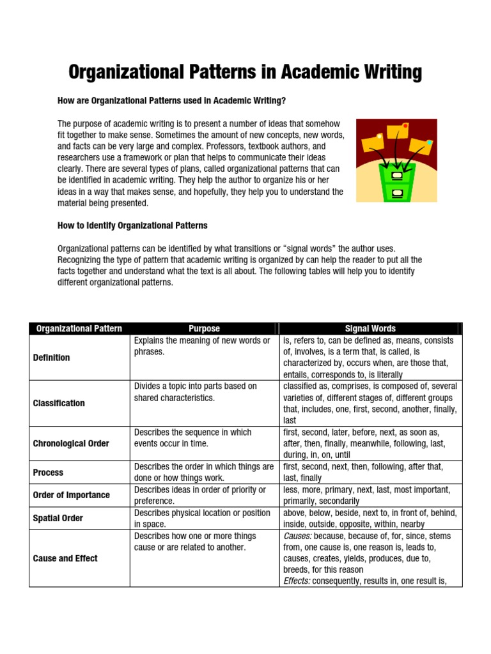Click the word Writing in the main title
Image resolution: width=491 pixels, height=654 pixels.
click(388, 72)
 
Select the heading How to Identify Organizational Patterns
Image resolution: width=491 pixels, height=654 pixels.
click(132, 225)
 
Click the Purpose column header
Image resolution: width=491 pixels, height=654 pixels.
click(204, 329)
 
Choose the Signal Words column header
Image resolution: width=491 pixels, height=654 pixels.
click(370, 329)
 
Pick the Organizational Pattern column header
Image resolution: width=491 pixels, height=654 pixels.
click(79, 329)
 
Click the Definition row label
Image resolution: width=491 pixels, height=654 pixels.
click(52, 358)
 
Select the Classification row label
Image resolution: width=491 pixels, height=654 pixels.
click(59, 403)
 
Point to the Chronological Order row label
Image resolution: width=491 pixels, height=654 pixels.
click(71, 443)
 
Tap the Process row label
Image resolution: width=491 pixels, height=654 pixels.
click(48, 473)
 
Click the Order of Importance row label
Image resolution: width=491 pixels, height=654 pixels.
click(71, 495)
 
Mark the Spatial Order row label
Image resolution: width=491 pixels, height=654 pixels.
click(58, 518)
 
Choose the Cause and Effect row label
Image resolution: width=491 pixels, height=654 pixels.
click(65, 558)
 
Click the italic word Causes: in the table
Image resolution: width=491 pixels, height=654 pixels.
click(298, 536)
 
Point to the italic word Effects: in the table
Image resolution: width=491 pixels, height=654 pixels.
click(298, 581)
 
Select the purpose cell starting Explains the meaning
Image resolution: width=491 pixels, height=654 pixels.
click(203, 346)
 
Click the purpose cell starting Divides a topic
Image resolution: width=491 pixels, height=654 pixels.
click(196, 392)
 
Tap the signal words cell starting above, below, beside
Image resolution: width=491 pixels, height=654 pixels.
click(370, 518)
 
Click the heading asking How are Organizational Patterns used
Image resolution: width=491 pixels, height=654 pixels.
click(172, 101)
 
